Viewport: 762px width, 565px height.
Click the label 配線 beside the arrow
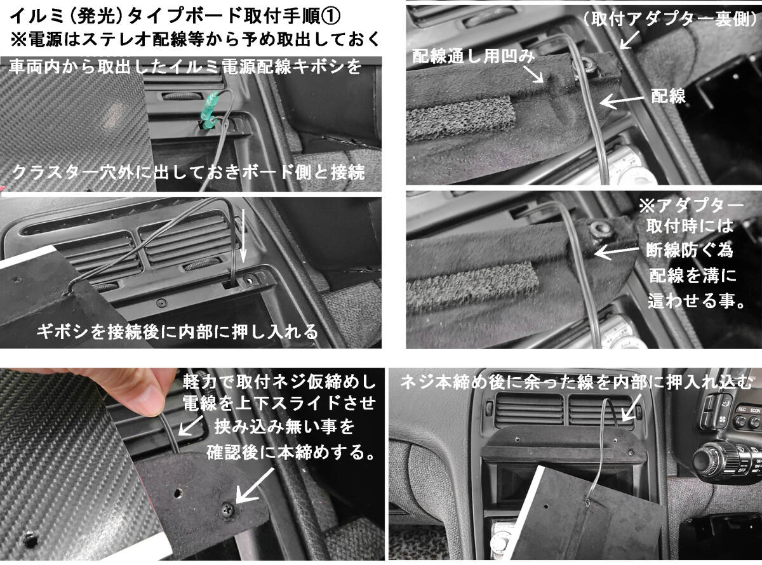point(668,96)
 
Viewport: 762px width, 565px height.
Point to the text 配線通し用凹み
point(474,56)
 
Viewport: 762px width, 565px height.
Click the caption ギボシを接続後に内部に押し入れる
point(177,331)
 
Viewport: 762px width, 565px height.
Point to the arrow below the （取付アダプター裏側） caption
point(629,39)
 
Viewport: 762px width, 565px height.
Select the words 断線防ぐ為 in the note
point(690,250)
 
